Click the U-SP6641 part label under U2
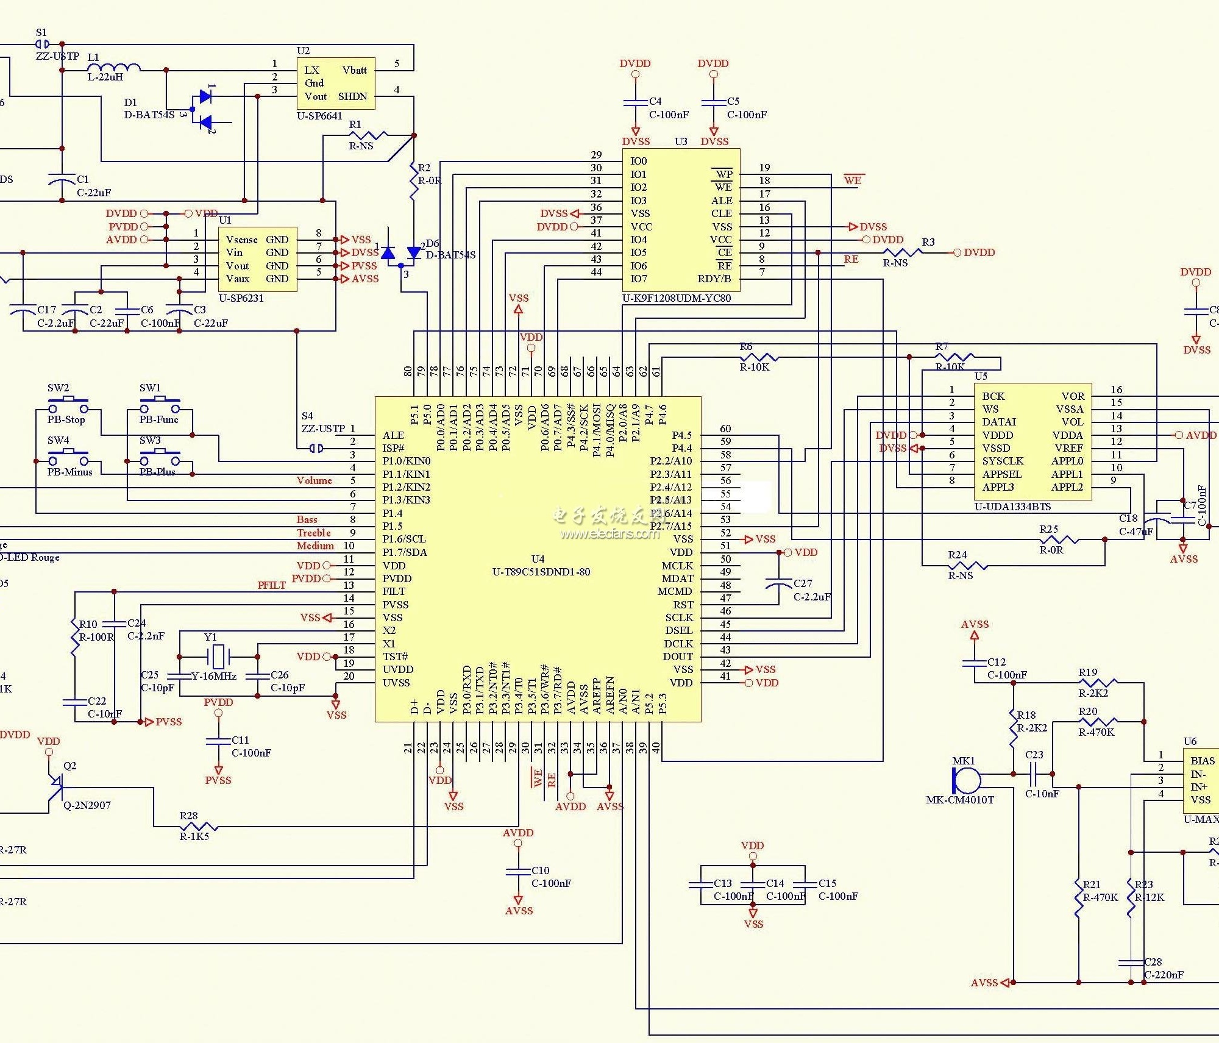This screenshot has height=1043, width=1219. point(319,116)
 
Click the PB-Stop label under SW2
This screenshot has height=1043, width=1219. point(66,420)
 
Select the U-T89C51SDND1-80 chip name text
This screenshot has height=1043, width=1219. point(541,572)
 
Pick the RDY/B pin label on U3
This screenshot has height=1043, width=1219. point(714,279)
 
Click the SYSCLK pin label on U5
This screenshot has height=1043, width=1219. point(1003,461)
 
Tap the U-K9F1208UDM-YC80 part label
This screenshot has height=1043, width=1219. point(677,298)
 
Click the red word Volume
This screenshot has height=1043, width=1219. point(315,480)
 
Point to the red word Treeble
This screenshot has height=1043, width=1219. point(314,533)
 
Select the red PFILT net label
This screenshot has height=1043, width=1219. point(272,585)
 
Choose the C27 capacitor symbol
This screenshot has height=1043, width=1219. point(779,585)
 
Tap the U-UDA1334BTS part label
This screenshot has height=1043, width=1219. point(1012,507)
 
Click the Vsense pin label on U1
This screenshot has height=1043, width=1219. point(241,240)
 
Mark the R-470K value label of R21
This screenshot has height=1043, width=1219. point(1100,897)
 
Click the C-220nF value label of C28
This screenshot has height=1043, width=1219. point(1164,975)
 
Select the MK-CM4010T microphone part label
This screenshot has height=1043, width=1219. point(960,800)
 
